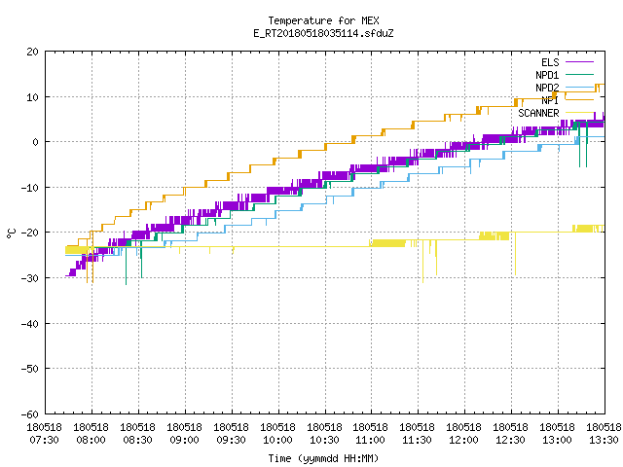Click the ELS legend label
tap(550, 62)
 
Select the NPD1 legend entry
tap(547, 75)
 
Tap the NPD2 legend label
tap(547, 88)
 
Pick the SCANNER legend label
tap(538, 113)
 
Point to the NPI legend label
tap(550, 100)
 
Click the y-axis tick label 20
tap(32, 52)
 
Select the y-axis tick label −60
tap(30, 414)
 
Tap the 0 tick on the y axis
tap(36, 142)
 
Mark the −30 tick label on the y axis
tap(30, 278)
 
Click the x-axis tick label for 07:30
tap(45, 434)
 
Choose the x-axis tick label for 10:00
tap(278, 434)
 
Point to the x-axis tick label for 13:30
tap(604, 434)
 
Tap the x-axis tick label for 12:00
tap(464, 434)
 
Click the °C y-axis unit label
tap(11, 233)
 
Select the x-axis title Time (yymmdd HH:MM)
tap(323, 458)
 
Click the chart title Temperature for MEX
tap(323, 20)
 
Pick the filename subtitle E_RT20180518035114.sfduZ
tap(323, 33)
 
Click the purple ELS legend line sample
tap(579, 62)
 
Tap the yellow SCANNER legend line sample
tap(579, 113)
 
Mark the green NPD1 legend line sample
tap(579, 74)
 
